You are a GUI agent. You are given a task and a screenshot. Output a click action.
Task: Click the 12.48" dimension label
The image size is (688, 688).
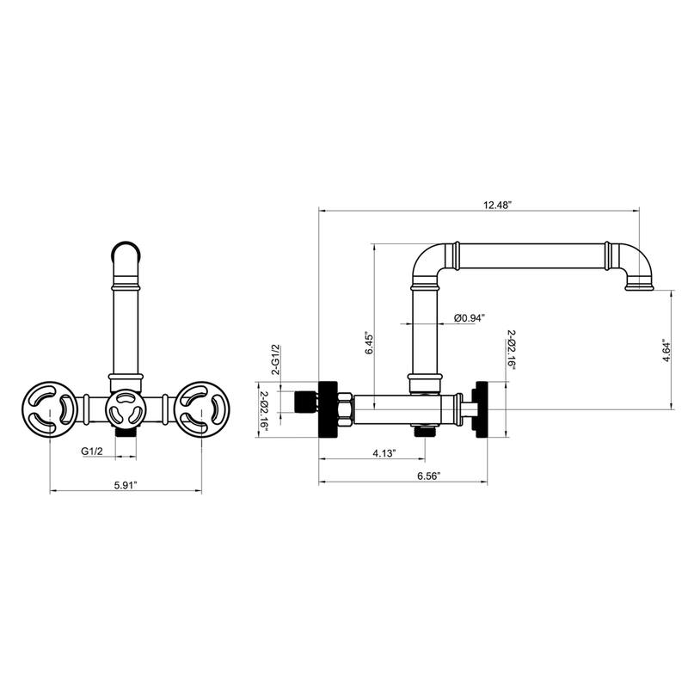[x=498, y=205]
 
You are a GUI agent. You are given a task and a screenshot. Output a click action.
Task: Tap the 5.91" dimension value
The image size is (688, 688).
[x=126, y=485]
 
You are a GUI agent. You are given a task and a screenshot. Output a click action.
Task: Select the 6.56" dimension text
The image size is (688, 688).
[x=428, y=476]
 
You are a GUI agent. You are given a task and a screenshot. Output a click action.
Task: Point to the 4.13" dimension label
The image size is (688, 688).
[x=384, y=453]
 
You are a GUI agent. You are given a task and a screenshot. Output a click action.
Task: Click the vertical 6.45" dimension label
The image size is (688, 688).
[x=369, y=345]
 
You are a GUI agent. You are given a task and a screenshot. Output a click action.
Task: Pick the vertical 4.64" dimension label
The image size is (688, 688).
[x=666, y=350]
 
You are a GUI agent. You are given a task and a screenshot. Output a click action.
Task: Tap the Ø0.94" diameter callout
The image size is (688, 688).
[x=470, y=317]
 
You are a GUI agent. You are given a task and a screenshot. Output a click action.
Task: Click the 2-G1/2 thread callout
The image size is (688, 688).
[x=276, y=359]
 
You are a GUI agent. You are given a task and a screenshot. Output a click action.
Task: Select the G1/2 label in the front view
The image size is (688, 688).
[x=92, y=451]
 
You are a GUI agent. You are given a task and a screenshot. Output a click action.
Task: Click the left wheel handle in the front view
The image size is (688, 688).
[x=50, y=409]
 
